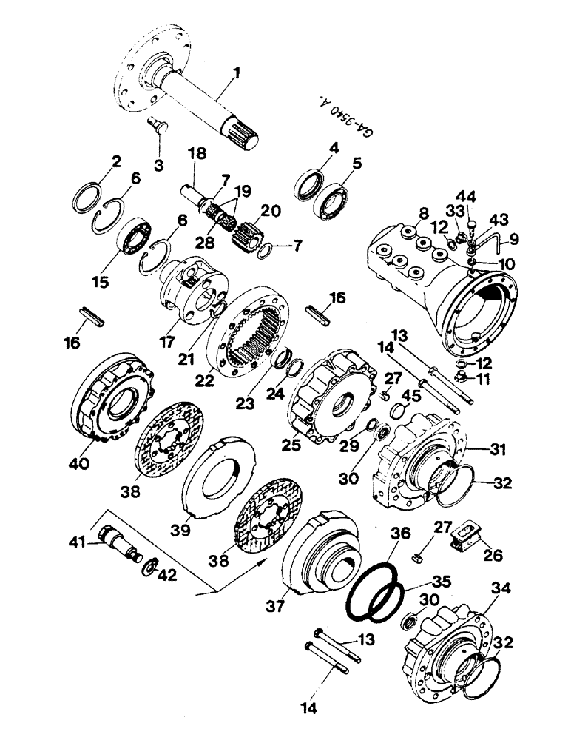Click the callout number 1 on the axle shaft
[237, 74]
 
